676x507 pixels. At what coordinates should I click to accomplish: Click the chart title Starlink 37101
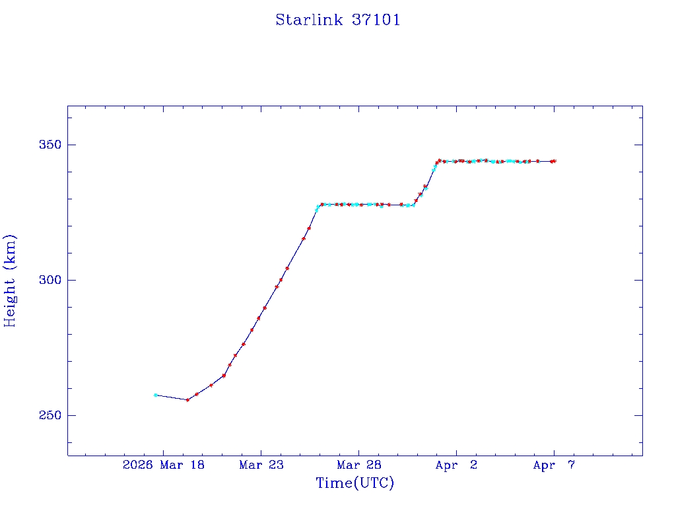point(338,20)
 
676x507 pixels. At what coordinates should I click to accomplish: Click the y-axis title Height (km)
point(11,281)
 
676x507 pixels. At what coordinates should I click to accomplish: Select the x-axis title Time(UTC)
point(355,483)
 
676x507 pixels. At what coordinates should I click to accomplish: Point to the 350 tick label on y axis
point(45,145)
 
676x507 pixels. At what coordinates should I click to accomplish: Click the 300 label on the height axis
point(45,280)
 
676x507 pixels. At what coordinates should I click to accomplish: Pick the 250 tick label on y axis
point(45,415)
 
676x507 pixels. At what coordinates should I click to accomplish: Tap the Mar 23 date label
point(261,465)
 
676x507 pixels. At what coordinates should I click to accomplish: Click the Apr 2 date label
point(456,465)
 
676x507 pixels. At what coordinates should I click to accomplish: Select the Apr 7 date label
point(554,465)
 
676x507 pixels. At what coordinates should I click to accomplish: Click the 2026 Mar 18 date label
point(164,465)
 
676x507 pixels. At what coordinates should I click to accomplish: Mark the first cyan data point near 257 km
point(155,395)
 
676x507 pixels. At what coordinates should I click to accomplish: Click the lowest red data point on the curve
point(187,400)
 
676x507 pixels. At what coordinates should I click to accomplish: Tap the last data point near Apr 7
point(555,161)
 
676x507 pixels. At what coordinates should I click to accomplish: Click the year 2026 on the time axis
point(137,465)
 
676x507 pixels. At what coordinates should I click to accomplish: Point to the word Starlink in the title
point(309,20)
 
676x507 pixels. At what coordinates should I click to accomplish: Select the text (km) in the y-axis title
point(11,248)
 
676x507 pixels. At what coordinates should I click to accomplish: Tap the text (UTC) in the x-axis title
point(374,483)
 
